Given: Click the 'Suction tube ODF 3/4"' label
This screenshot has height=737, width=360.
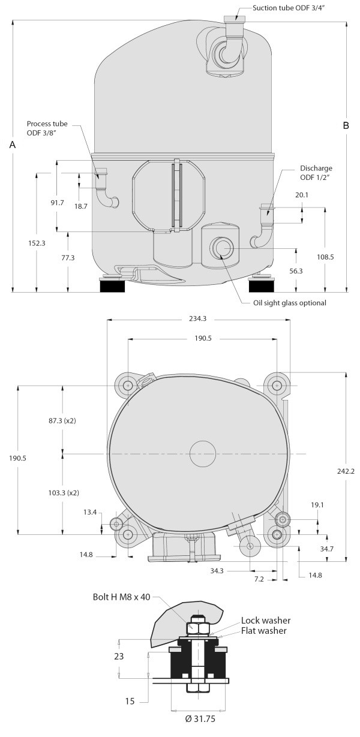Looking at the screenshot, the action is (289, 8).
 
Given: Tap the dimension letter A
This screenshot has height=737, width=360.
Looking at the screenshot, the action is (13, 145).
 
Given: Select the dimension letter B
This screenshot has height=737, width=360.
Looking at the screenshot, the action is (346, 125).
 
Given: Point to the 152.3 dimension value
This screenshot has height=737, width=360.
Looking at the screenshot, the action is (37, 243).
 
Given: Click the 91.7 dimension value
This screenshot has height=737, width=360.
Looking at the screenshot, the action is (57, 203).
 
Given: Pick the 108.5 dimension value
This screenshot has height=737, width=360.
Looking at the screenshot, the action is (325, 257).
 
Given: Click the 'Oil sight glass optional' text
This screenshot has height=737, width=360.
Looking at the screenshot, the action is (290, 303).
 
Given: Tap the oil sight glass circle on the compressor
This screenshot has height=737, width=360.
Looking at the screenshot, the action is (221, 248).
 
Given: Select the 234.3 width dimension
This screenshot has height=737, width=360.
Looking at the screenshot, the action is (198, 318).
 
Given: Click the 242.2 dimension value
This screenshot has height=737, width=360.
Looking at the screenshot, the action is (346, 471).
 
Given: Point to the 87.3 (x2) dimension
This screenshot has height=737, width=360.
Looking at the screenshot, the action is (62, 420).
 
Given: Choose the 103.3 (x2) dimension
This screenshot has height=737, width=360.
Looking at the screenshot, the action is (64, 493).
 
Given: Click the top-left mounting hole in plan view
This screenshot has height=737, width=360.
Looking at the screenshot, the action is (128, 385).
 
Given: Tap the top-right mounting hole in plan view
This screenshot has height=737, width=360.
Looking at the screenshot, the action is (277, 385).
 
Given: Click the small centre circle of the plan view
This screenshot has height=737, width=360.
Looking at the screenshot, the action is (203, 454).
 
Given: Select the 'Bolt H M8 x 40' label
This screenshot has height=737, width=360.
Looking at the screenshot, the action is (121, 597).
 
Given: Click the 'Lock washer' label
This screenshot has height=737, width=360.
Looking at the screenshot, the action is (266, 620).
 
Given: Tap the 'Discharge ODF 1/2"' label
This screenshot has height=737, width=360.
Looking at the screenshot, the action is (316, 173).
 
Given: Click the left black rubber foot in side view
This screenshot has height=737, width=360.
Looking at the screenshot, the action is (112, 286).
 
